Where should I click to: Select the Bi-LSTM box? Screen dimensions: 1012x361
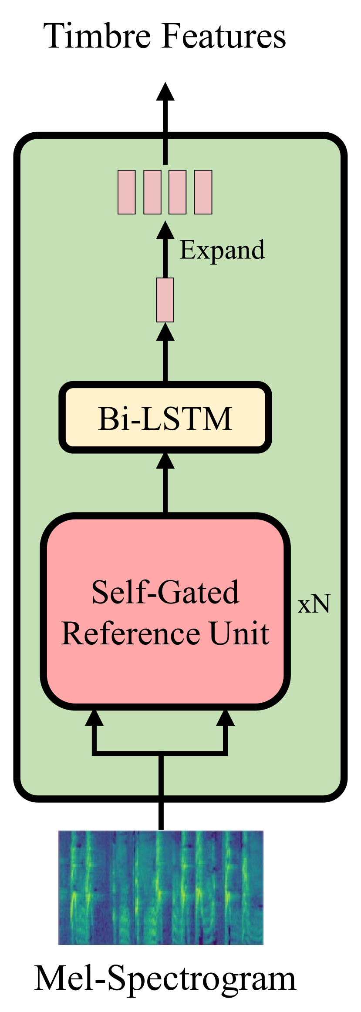point(165,418)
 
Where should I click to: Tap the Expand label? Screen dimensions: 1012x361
point(222,250)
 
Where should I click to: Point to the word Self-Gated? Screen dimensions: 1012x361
point(165,592)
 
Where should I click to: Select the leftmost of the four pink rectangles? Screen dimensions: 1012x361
point(127,192)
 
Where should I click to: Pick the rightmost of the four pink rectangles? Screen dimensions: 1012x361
point(203,192)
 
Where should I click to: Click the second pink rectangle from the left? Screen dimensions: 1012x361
point(152,192)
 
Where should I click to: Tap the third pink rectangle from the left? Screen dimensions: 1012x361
point(178,192)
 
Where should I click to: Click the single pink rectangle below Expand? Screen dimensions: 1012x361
point(165,300)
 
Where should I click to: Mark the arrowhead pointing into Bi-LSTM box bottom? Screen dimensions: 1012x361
point(165,461)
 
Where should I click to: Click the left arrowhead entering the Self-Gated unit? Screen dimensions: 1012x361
point(94,718)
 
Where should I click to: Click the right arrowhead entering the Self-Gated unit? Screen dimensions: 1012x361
point(226,718)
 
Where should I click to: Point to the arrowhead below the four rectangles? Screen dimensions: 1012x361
point(165,230)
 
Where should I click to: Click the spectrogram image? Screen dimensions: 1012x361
point(161,887)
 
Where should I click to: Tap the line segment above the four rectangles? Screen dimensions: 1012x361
point(165,152)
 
